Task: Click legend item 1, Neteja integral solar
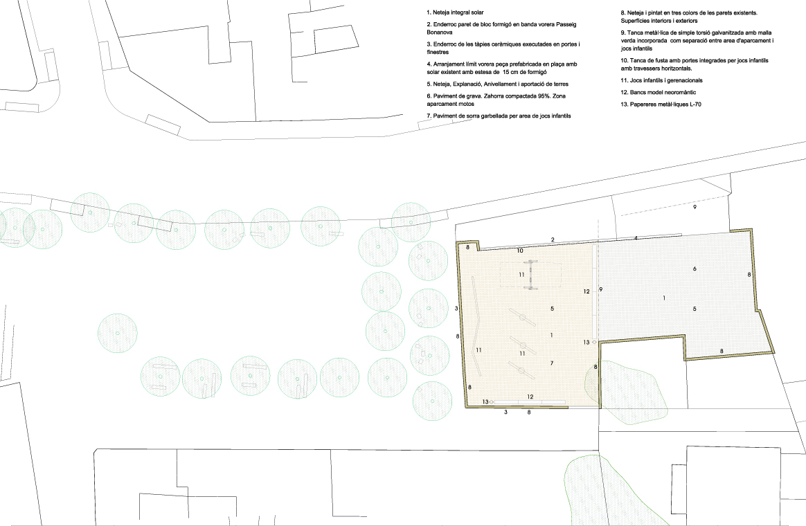455,12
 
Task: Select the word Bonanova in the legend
440,33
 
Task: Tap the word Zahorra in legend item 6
495,96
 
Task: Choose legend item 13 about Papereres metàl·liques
661,105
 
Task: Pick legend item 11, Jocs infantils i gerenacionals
661,80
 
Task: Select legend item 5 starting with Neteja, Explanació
498,84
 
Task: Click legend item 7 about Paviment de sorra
499,116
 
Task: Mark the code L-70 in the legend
695,105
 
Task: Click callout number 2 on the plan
553,240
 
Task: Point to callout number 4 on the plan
636,238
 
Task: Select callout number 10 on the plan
520,251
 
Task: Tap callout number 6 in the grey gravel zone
695,269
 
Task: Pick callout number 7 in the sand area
552,363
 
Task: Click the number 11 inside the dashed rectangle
522,275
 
